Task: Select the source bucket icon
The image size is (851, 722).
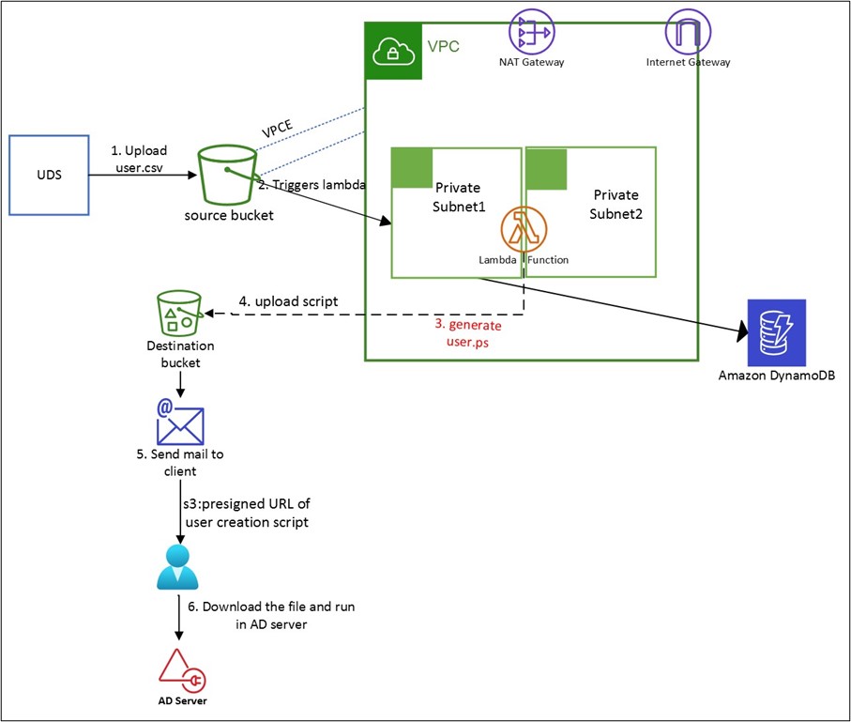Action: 228,176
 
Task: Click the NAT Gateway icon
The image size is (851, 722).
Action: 531,31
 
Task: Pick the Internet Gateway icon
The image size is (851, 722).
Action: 688,31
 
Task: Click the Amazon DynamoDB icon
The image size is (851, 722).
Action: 776,332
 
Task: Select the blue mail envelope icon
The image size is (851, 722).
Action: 180,420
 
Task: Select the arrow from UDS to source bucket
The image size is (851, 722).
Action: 141,174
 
